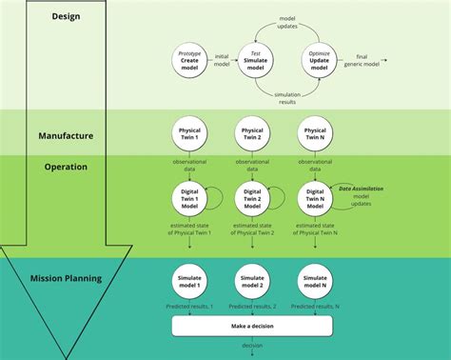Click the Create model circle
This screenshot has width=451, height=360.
point(190,61)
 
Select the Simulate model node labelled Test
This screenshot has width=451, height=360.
point(254,61)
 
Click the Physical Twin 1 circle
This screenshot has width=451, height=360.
point(190,132)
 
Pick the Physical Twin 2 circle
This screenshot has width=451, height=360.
point(253,132)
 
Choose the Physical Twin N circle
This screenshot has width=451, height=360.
point(315,132)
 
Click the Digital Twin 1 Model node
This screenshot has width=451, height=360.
point(190,198)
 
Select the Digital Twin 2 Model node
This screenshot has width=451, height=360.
point(253,198)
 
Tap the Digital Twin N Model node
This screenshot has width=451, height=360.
point(315,198)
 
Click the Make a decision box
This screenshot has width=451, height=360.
point(252,326)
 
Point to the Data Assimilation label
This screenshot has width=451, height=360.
point(362,189)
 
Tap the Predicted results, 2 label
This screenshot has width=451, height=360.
point(253,307)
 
